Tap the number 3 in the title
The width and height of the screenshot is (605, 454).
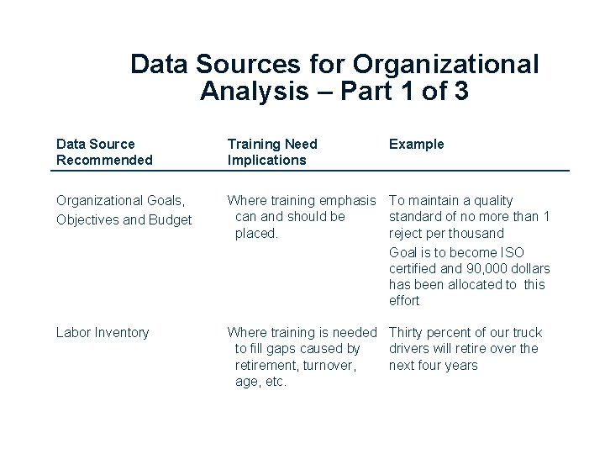tap(460, 92)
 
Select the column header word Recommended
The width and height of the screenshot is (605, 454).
tap(104, 160)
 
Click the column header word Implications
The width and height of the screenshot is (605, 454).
tap(267, 160)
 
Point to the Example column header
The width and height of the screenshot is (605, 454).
tap(417, 144)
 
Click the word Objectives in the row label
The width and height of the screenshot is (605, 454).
tap(86, 220)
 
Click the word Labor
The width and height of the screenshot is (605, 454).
tap(71, 332)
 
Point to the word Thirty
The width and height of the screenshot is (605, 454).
tap(407, 332)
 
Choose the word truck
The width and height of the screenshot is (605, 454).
tap(526, 332)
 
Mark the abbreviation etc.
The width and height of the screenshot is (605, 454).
tap(276, 382)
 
